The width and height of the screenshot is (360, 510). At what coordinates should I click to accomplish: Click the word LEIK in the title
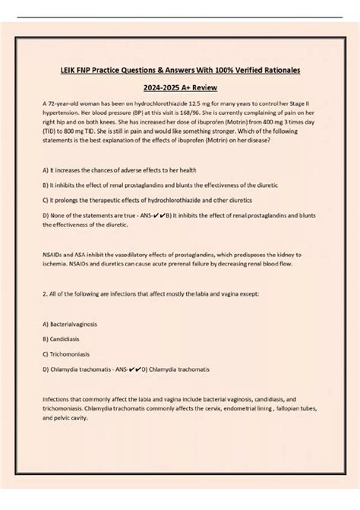click(x=69, y=70)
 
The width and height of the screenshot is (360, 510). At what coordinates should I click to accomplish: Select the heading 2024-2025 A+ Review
click(x=179, y=88)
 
